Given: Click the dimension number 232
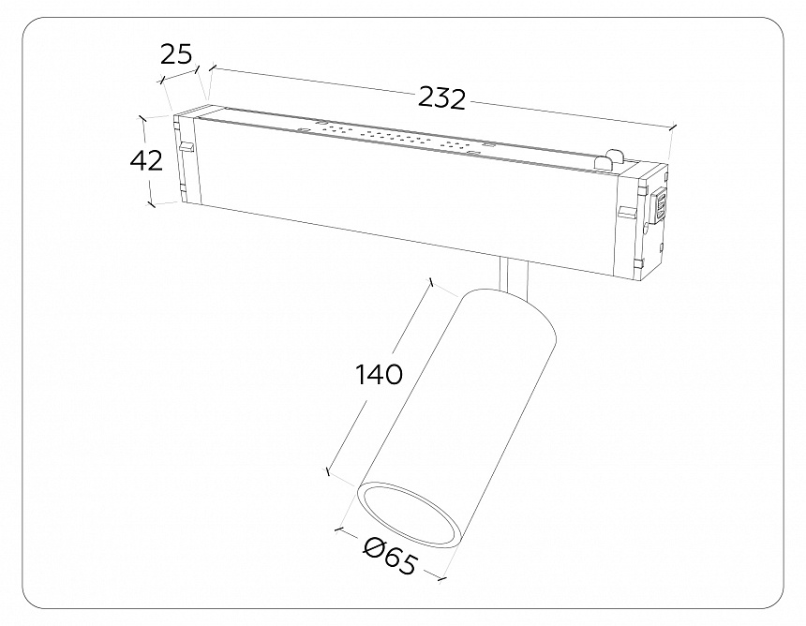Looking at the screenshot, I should (x=441, y=97).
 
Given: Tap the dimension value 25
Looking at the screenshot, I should (x=174, y=53).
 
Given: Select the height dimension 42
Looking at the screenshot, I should (x=146, y=160).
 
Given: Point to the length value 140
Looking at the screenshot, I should (x=379, y=374).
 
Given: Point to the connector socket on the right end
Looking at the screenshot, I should (x=660, y=206).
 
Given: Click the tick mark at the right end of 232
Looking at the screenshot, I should (x=672, y=128).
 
